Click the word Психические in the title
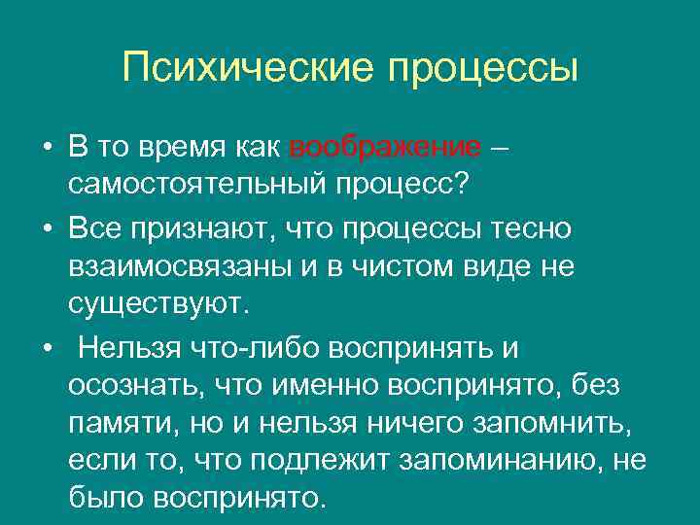pyautogui.click(x=247, y=68)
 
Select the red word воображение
pyautogui.click(x=385, y=148)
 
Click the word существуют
pyautogui.click(x=159, y=301)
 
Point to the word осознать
pyautogui.click(x=128, y=387)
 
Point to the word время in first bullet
pyautogui.click(x=182, y=148)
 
